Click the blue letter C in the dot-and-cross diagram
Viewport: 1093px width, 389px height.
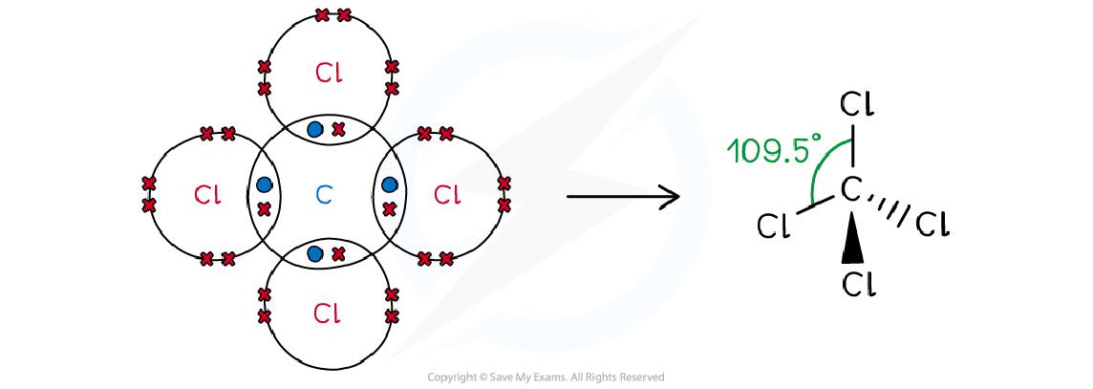tap(324, 195)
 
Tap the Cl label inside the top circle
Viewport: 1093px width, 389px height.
tap(328, 73)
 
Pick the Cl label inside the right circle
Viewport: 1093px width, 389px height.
tap(446, 195)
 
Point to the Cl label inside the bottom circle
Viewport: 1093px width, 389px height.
tap(328, 313)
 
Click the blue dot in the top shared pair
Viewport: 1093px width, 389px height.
tap(314, 129)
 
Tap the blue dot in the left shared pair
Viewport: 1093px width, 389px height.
tap(265, 184)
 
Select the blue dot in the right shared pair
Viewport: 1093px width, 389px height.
tap(389, 184)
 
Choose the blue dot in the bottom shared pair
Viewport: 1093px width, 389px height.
tap(314, 253)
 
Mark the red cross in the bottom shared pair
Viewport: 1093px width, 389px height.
tap(337, 253)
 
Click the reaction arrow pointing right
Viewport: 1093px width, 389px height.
tap(622, 197)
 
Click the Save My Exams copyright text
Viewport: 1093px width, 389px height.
tap(546, 378)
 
